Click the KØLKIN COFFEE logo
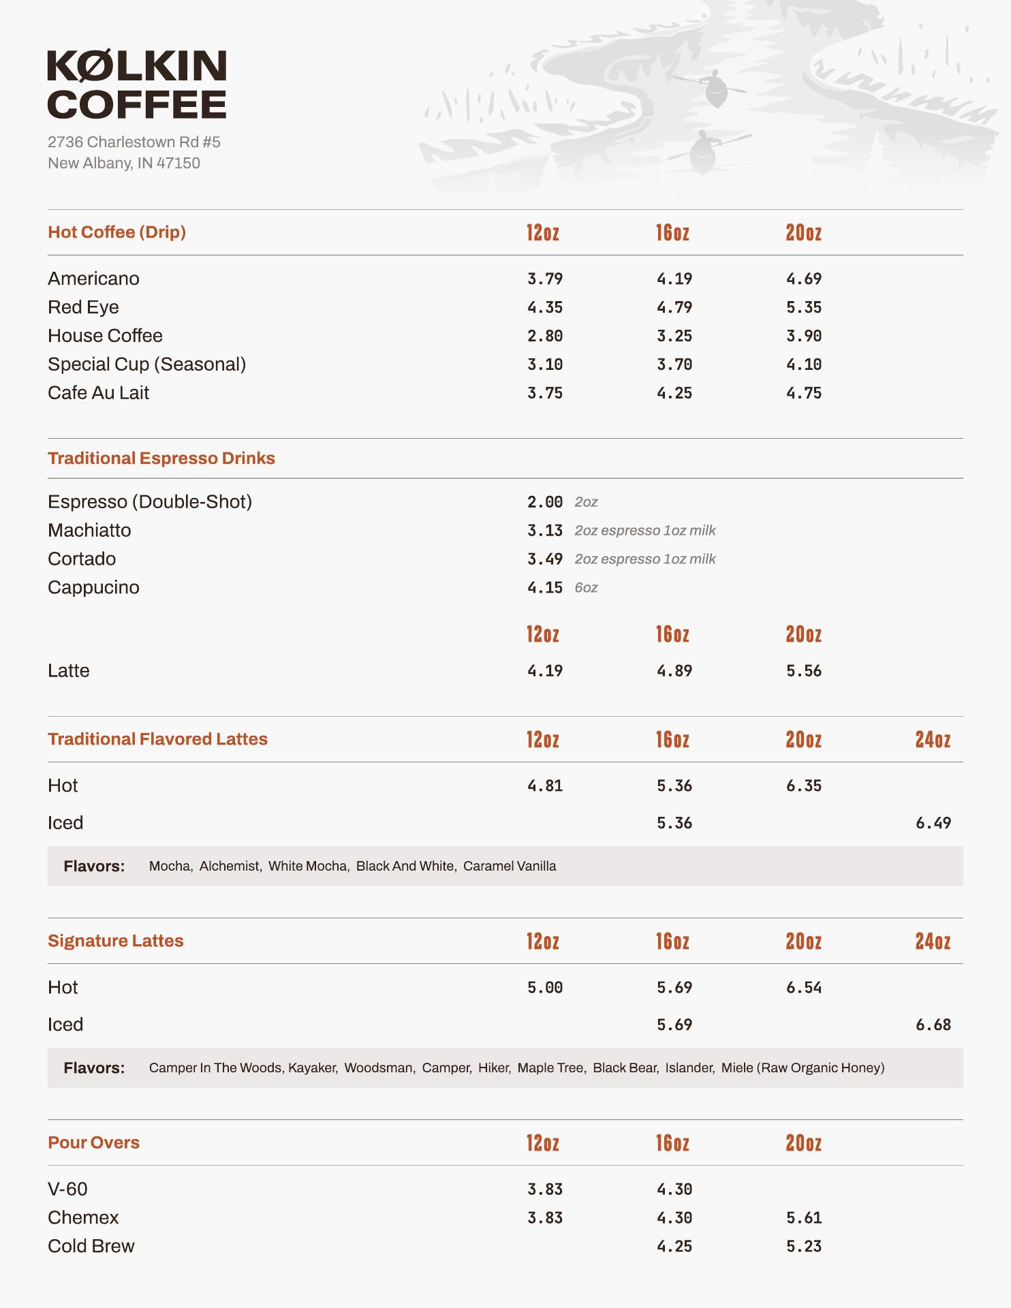(x=136, y=84)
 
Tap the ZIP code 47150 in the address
(x=178, y=163)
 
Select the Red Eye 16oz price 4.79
(x=674, y=307)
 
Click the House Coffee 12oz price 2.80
(x=544, y=336)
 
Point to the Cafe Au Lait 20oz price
(x=803, y=393)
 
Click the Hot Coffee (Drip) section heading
(x=116, y=232)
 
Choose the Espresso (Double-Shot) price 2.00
(x=544, y=502)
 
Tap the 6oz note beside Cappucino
(x=586, y=588)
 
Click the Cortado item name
(x=82, y=559)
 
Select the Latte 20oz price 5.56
(x=803, y=671)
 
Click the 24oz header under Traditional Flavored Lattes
(x=932, y=740)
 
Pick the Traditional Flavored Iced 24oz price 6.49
(x=933, y=823)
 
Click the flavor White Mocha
(x=307, y=866)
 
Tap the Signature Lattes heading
(x=116, y=941)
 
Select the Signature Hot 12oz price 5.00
(x=544, y=988)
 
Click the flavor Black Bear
(x=625, y=1068)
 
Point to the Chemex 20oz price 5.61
(x=803, y=1217)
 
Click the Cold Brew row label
(x=91, y=1246)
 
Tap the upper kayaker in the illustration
(x=715, y=87)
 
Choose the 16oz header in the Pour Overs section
(x=672, y=1143)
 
